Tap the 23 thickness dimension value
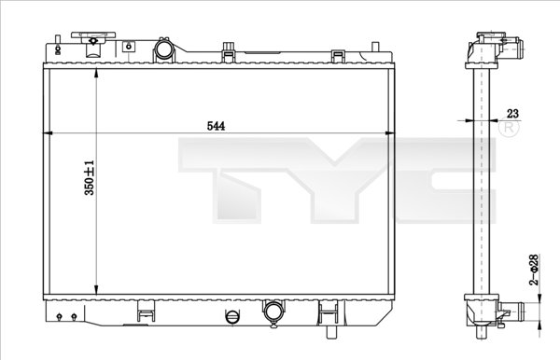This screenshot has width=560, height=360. coord(511,113)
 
